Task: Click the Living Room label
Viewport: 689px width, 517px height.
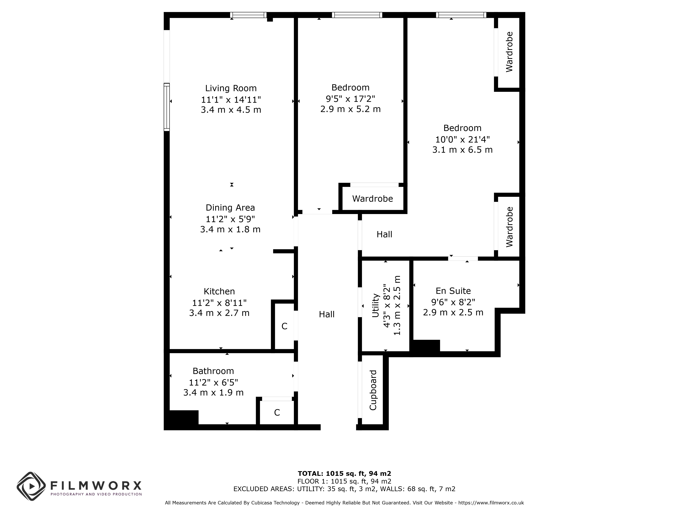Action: (231, 88)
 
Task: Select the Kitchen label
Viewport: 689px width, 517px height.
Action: (219, 291)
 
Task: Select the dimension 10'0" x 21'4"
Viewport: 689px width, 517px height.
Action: (462, 139)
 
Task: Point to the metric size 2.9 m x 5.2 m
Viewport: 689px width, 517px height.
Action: (350, 109)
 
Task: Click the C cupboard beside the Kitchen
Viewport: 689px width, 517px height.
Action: (284, 326)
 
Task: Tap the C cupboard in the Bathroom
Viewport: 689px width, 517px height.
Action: (277, 413)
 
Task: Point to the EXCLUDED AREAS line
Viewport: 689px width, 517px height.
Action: (344, 489)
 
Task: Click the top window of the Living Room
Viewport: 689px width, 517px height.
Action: (248, 15)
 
